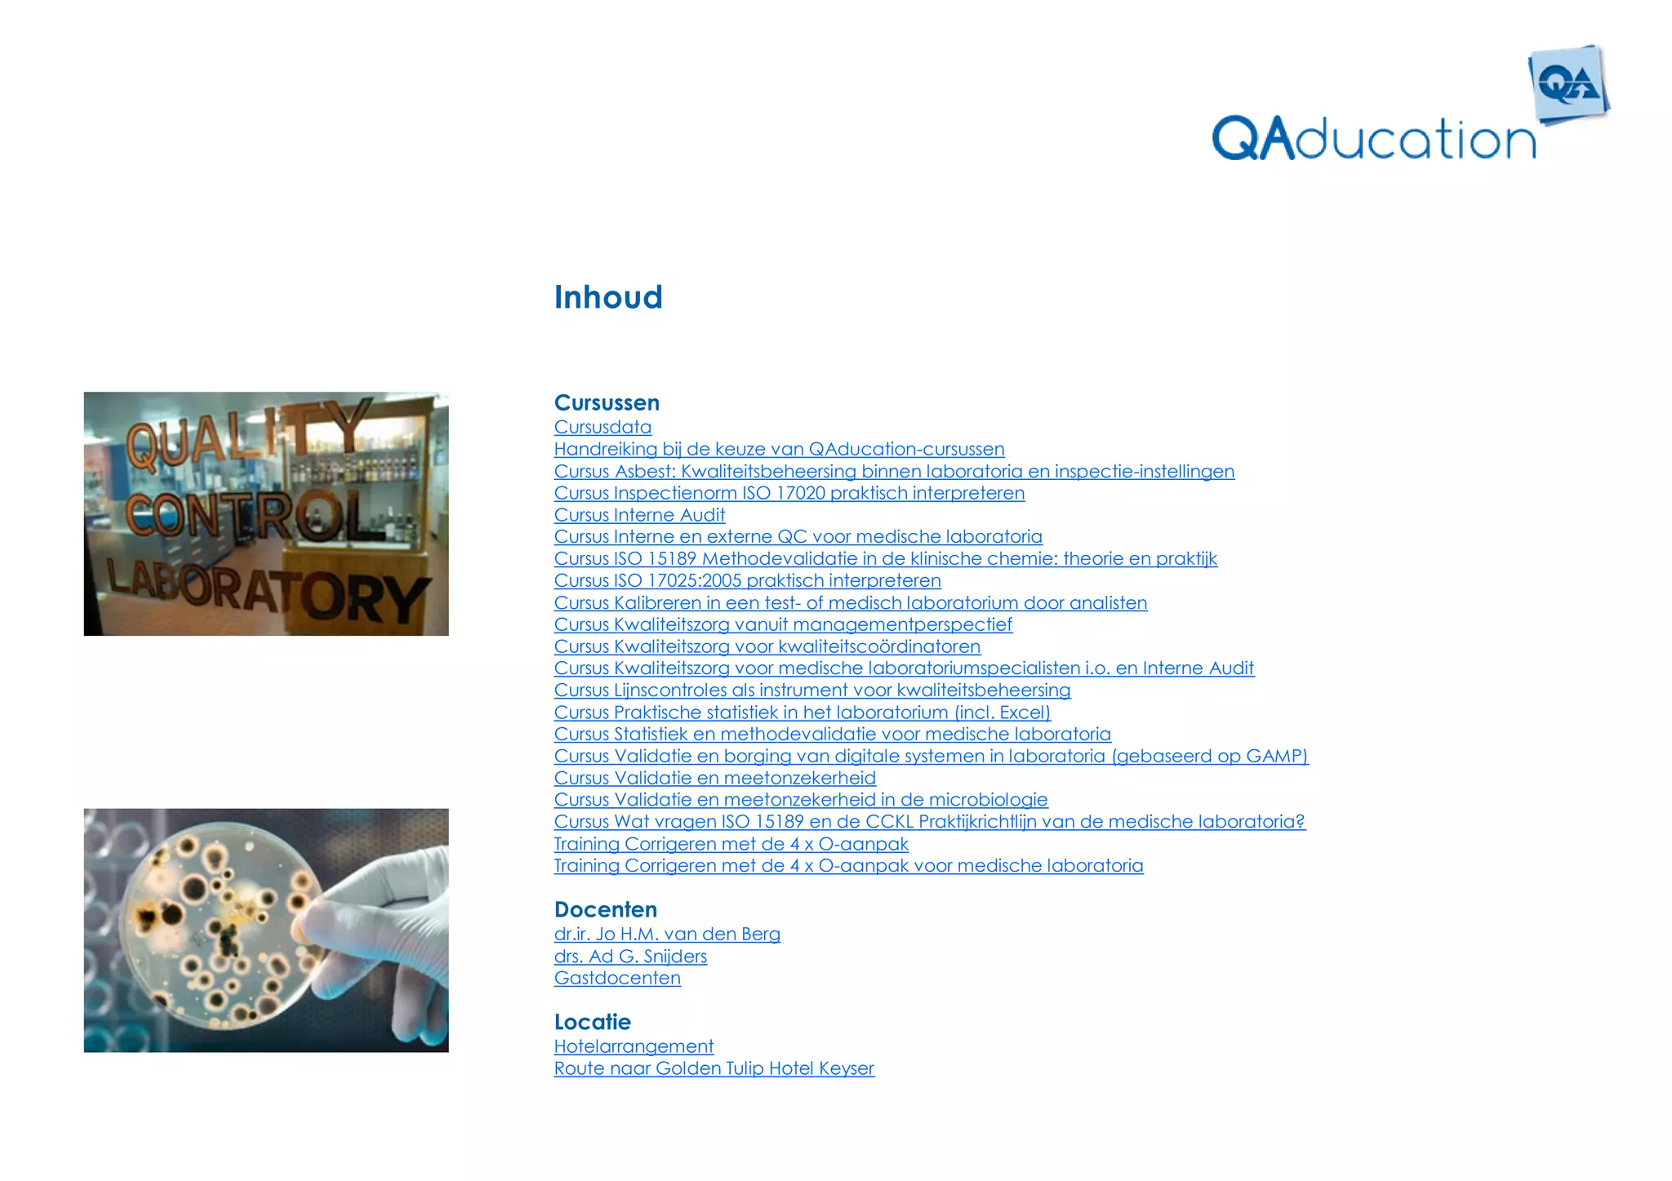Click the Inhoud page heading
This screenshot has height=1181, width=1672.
(x=608, y=297)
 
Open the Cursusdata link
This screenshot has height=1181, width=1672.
(x=603, y=427)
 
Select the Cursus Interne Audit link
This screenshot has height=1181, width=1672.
(x=639, y=515)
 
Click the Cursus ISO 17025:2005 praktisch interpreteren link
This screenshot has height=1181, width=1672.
(x=747, y=580)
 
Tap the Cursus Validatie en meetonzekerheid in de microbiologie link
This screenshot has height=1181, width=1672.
(x=800, y=800)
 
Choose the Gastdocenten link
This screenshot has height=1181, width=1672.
(x=617, y=978)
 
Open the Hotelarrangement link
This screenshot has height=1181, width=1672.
(x=634, y=1046)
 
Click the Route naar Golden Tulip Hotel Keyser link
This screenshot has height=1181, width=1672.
(x=714, y=1068)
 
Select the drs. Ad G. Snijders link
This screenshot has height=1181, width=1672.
(x=630, y=956)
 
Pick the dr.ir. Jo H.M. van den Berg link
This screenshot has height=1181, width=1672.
(x=667, y=934)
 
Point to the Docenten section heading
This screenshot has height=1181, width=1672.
(x=605, y=909)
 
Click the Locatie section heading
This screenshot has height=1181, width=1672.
(x=592, y=1022)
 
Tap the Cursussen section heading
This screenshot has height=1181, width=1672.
(x=607, y=402)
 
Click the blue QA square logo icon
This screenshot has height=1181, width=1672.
(x=1568, y=85)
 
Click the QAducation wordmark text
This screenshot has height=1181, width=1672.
(x=1373, y=139)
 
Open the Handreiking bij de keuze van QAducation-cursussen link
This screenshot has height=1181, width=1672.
(x=779, y=449)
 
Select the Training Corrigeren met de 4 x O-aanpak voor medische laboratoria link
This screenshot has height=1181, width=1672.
(x=848, y=865)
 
